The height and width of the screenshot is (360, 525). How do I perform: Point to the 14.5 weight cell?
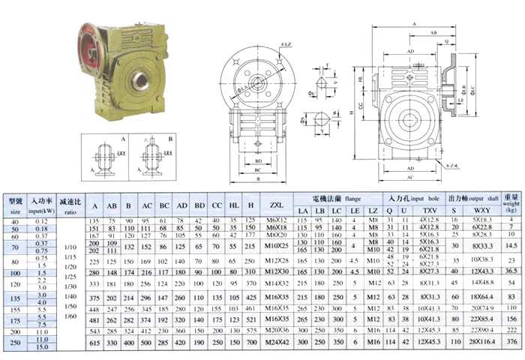[511, 244]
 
